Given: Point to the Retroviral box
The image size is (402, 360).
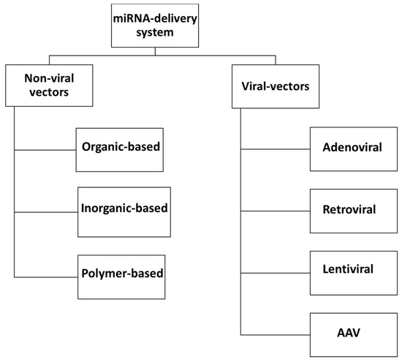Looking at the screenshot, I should click(x=349, y=210).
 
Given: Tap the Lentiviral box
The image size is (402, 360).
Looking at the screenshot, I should click(x=349, y=271).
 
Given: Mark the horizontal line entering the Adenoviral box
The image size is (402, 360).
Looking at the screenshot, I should click(x=275, y=151).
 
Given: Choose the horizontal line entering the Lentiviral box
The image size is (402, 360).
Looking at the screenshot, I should click(x=275, y=273).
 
